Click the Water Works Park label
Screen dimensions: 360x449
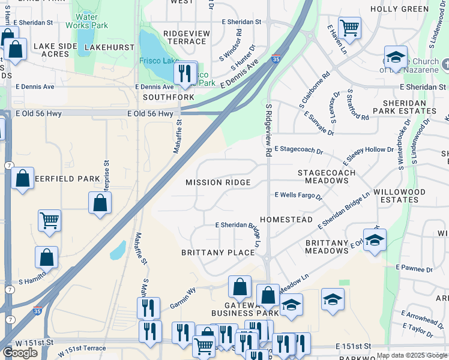pos(91,22)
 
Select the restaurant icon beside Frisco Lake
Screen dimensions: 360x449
pos(185,73)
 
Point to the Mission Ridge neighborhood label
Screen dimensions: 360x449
pos(217,182)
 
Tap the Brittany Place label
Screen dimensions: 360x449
pos(218,253)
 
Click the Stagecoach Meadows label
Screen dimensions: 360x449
pos(327,176)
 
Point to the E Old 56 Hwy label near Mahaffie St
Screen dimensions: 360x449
pos(151,113)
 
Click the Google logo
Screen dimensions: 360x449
pos(20,353)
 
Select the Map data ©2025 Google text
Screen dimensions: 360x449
pos(412,355)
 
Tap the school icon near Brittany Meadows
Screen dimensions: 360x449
pos(375,240)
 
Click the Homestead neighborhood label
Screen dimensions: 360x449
pos(286,220)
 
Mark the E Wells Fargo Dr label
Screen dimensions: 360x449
pos(298,196)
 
